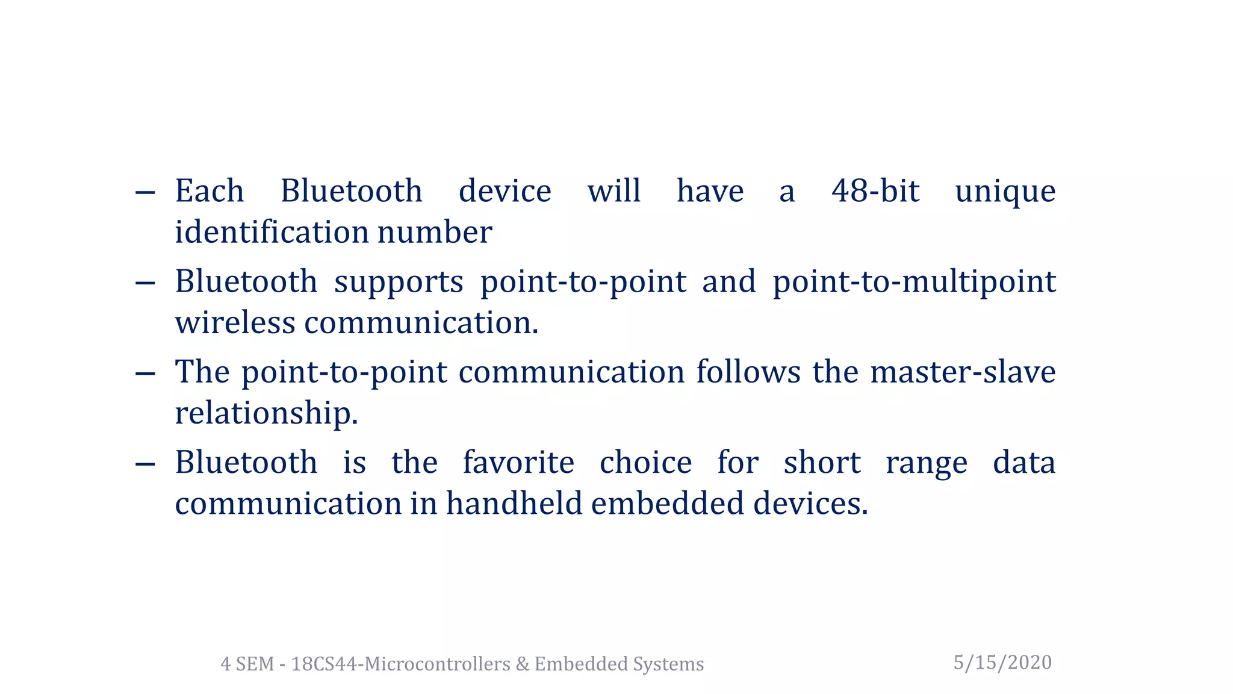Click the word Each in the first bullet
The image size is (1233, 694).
point(209,192)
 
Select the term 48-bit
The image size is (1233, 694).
point(875,192)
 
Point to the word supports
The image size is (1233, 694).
point(399,283)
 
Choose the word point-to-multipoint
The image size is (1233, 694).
point(914,283)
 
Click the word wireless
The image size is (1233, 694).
point(235,323)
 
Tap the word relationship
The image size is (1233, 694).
point(266,414)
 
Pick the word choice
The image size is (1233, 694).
point(645,463)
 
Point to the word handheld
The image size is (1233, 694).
point(514,504)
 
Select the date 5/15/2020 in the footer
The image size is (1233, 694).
point(1002,663)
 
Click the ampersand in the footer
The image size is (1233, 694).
point(521,664)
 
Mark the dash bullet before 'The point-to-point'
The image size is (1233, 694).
point(145,374)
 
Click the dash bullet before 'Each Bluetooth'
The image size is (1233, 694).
point(145,193)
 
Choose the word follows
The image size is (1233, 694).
point(748,372)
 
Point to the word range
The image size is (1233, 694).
point(926,464)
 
